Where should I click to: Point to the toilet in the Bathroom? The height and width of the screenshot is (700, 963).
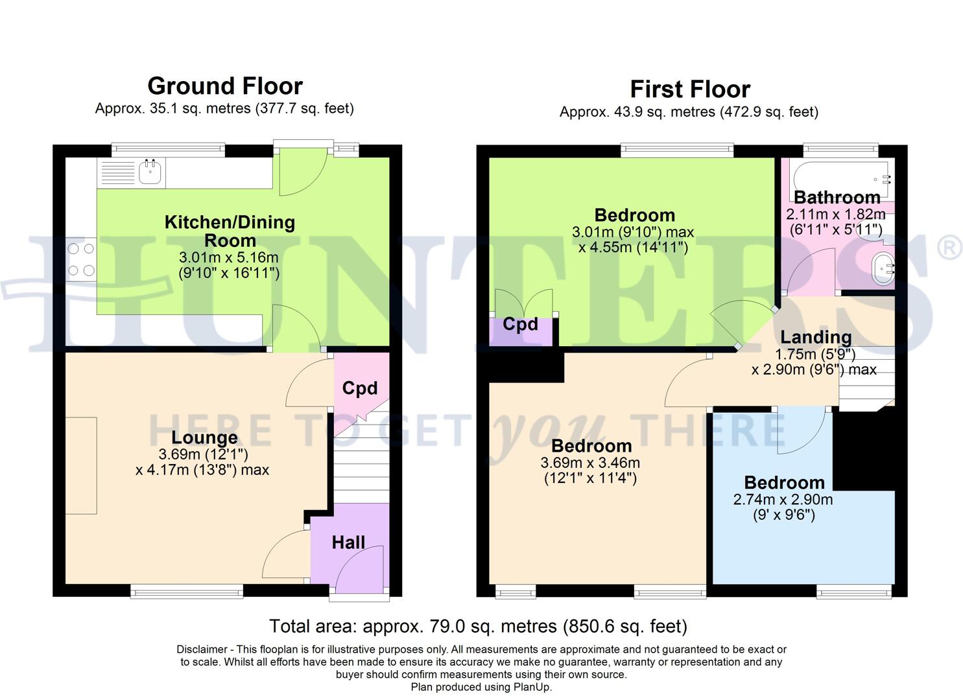[x=883, y=270]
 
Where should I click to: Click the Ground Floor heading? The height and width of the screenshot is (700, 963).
[x=224, y=86]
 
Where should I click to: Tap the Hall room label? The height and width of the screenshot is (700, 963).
[x=348, y=542]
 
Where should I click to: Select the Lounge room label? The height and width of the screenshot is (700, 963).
[x=204, y=437]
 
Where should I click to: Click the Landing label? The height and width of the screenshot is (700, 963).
[x=815, y=337]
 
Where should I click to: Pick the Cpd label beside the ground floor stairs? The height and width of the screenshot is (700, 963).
[x=359, y=388]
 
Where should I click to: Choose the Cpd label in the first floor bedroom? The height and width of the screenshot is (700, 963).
[x=520, y=324]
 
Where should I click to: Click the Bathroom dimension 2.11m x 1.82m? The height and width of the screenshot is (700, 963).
[x=835, y=215]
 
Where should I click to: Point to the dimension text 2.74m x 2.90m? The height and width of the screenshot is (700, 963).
[x=783, y=500]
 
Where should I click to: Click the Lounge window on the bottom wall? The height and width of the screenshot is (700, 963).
[x=187, y=590]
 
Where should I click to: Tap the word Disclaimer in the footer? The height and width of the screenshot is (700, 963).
[x=201, y=649]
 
